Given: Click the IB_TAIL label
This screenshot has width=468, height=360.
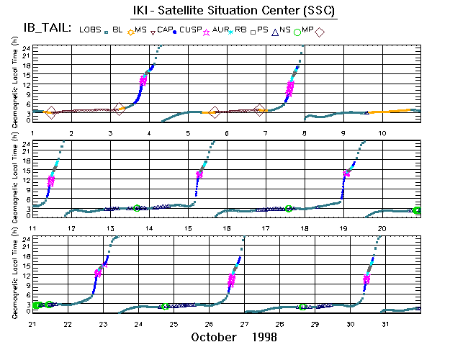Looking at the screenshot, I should pos(47,29).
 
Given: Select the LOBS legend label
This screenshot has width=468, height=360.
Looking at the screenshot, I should pos(90,30).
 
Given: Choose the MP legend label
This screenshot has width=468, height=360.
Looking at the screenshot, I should pos(307,30).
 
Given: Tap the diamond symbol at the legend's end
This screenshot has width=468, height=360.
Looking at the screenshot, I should pos(320,32).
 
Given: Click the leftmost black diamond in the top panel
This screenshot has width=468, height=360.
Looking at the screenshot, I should pos(50,112).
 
